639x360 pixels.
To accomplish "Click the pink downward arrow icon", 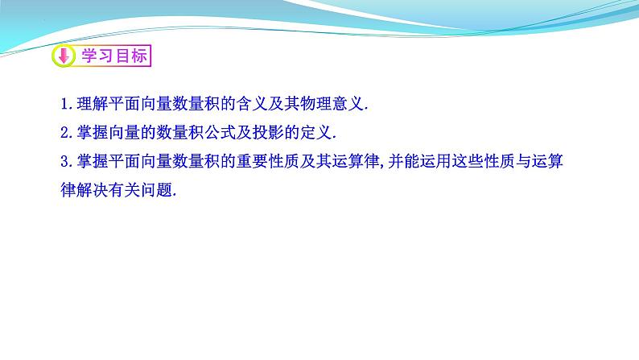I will click(x=64, y=56).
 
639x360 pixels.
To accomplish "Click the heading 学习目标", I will click(x=110, y=56).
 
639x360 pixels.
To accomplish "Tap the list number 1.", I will click(x=64, y=104).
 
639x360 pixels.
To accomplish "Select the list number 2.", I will click(x=64, y=133).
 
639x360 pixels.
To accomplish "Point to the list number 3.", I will click(x=64, y=162).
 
